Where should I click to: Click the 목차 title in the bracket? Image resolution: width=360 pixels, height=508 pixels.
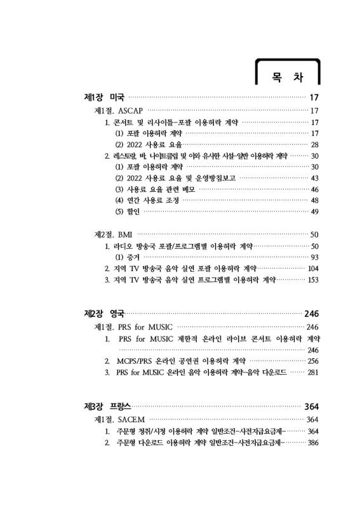[286, 77]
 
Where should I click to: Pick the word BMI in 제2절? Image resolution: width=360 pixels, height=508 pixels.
[126, 234]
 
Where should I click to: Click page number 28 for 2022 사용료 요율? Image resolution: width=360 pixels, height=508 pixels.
[314, 145]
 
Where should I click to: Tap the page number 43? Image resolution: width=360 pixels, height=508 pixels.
[314, 178]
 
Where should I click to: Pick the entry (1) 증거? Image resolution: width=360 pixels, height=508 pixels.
[127, 257]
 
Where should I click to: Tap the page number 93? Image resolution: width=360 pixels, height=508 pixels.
[314, 257]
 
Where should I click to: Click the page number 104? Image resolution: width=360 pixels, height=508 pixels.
[312, 268]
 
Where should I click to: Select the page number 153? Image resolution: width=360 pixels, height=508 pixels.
[312, 279]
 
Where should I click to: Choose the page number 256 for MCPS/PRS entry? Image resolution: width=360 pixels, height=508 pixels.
[312, 361]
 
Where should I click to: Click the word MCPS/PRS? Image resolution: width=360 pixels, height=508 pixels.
[136, 361]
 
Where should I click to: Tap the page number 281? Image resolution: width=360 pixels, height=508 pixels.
[312, 372]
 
